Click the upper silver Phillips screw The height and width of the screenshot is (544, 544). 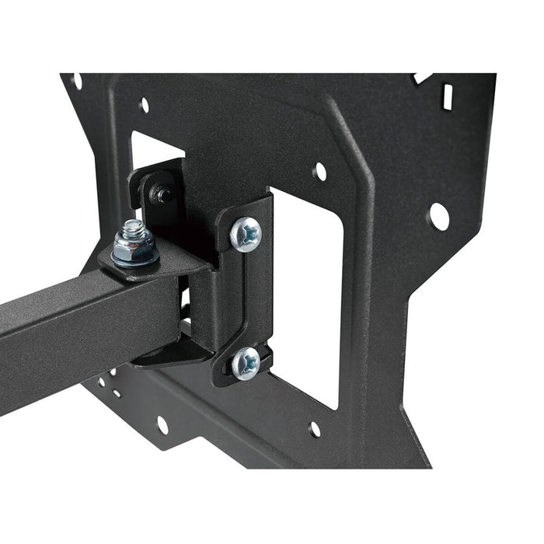[x=246, y=233]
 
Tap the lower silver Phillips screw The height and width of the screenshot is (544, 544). [x=246, y=362]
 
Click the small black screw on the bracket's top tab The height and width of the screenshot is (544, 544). [x=162, y=195]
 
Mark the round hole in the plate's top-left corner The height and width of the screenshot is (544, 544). [x=77, y=80]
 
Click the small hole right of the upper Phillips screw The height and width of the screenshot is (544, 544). [x=319, y=171]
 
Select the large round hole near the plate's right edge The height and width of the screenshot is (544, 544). [x=438, y=216]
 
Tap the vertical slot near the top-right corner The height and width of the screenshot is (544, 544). [x=447, y=97]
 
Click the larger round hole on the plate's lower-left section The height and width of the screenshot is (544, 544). [x=162, y=425]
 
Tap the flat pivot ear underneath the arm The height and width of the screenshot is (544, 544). [x=171, y=354]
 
